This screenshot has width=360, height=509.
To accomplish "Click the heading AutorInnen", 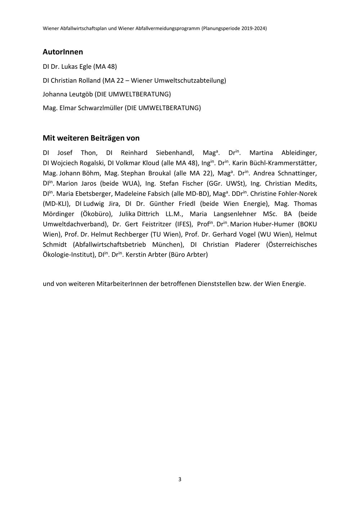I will (x=63, y=52).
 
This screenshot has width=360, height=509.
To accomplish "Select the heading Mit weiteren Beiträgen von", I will (x=91, y=138).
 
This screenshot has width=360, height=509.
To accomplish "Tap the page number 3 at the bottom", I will (x=180, y=479).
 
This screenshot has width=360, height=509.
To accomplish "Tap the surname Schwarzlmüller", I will (x=100, y=108).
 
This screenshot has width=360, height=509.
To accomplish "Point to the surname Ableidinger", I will (x=299, y=153).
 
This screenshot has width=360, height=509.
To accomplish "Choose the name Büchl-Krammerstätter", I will (x=275, y=163).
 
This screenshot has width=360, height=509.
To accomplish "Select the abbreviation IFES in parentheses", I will (x=184, y=224).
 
